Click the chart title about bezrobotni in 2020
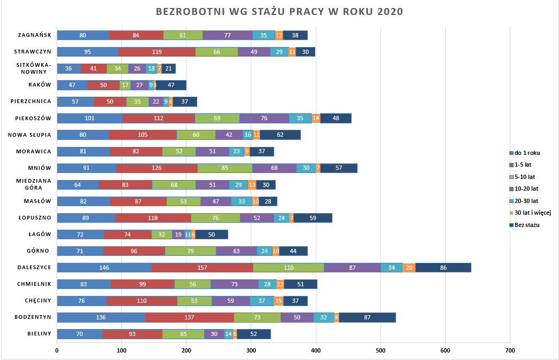pos(279,11)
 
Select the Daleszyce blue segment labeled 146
pos(104,268)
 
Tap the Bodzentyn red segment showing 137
pos(189,317)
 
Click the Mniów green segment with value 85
pos(224,168)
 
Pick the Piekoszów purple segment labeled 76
pos(264,119)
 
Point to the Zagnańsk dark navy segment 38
pos(295,35)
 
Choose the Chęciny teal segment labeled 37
pos(262,301)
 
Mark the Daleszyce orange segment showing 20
pos(409,268)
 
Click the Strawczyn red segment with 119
pos(157,52)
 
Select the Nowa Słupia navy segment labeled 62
pos(280,135)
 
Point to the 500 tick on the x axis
pos(381,350)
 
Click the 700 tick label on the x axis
pos(510,350)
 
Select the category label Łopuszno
pos(35,217)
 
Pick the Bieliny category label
pos(39,334)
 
